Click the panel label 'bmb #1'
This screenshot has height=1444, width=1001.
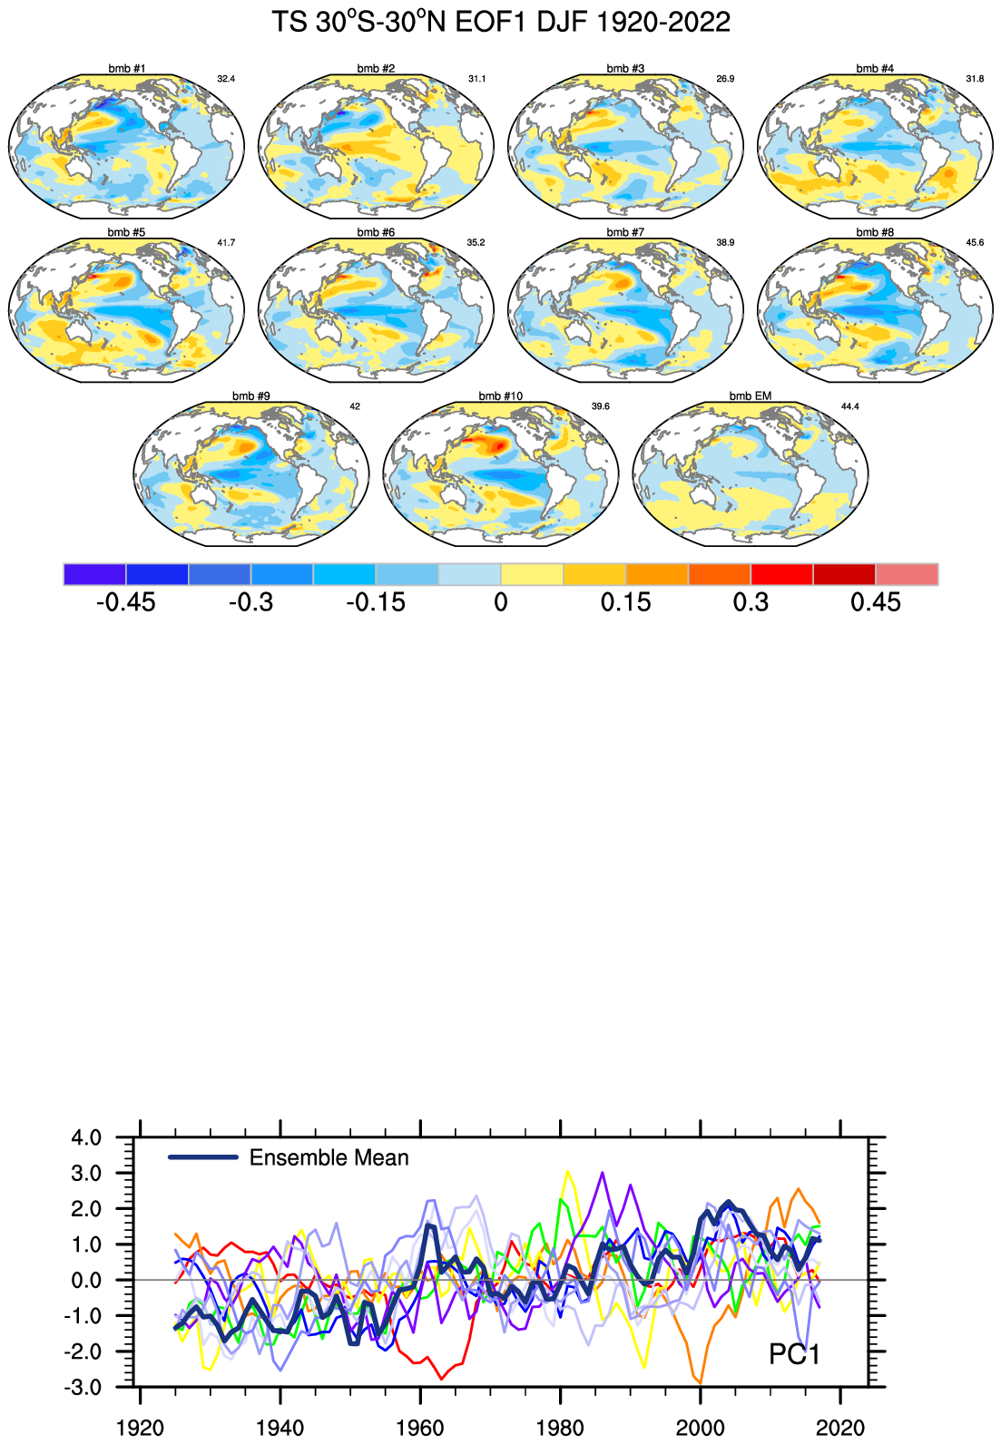pos(126,69)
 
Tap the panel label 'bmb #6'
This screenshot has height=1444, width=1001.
pos(376,232)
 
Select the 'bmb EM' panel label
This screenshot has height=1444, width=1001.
pos(750,396)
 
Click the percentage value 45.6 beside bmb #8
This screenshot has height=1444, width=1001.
pos(975,243)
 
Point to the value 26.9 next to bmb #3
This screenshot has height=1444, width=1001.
pos(725,79)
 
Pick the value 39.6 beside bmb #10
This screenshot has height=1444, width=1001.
pos(600,406)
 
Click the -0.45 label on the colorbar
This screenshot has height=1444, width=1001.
pos(125,602)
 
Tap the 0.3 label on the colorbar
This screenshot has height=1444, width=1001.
pos(751,602)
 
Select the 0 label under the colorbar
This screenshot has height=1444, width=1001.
pos(501,602)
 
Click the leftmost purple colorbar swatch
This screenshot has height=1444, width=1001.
pos(94,574)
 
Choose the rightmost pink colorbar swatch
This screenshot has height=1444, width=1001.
pos(907,574)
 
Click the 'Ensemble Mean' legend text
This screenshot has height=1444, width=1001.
pos(329,1158)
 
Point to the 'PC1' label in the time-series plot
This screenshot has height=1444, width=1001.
pos(794,1354)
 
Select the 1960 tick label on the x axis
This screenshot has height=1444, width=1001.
pos(420,1428)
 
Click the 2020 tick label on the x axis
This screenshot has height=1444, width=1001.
pos(840,1428)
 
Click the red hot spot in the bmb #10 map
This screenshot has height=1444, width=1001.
pos(491,445)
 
